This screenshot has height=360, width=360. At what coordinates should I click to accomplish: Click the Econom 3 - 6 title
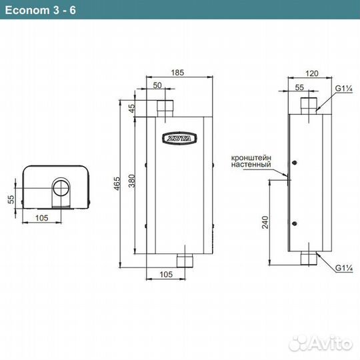(41, 10)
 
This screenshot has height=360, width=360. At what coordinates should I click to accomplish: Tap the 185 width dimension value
(177, 73)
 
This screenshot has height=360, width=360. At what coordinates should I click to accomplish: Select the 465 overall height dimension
(117, 183)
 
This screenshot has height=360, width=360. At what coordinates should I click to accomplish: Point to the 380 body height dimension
(131, 181)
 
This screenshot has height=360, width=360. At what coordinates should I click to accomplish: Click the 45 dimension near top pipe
(132, 108)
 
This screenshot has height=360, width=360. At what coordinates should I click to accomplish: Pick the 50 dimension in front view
(157, 85)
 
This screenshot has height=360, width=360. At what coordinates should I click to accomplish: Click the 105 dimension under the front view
(166, 275)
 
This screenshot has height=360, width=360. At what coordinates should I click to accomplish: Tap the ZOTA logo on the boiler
(179, 138)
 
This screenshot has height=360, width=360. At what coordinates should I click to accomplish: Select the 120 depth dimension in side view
(312, 73)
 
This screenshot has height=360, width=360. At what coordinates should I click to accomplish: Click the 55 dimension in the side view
(299, 87)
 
